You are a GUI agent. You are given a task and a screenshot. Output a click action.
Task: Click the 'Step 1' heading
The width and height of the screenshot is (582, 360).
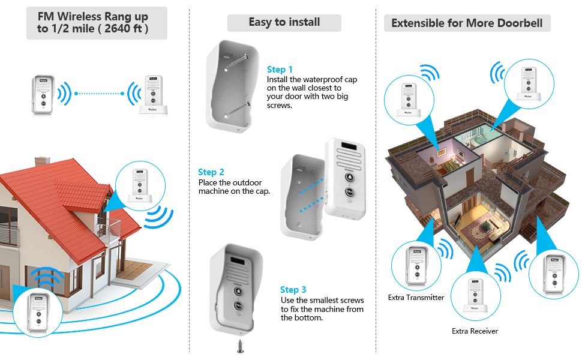pyautogui.click(x=280, y=70)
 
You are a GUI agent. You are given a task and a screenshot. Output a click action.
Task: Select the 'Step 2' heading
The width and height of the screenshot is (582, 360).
pyautogui.click(x=211, y=172)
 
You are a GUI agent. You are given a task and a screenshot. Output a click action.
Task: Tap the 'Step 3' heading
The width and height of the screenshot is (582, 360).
pyautogui.click(x=293, y=290)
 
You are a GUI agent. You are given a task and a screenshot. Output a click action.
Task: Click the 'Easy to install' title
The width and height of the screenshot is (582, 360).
pyautogui.click(x=284, y=23)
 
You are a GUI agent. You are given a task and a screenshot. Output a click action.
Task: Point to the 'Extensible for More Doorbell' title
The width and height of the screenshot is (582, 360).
pyautogui.click(x=467, y=23)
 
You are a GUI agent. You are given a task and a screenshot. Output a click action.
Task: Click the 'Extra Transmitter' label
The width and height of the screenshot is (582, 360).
pyautogui.click(x=416, y=298)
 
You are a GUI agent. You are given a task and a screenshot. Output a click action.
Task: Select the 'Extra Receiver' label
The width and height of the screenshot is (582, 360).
pyautogui.click(x=475, y=331)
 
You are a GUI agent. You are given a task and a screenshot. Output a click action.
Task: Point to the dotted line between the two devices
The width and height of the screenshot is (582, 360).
pyautogui.click(x=100, y=94)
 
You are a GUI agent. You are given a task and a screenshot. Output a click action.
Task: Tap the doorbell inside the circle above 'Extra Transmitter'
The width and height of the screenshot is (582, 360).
pyautogui.click(x=416, y=266)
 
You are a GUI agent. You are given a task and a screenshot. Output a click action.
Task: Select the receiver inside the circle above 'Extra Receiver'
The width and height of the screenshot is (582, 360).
pyautogui.click(x=475, y=295)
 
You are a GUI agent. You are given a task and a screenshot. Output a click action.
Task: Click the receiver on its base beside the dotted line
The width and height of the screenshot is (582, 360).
pyautogui.click(x=152, y=94)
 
